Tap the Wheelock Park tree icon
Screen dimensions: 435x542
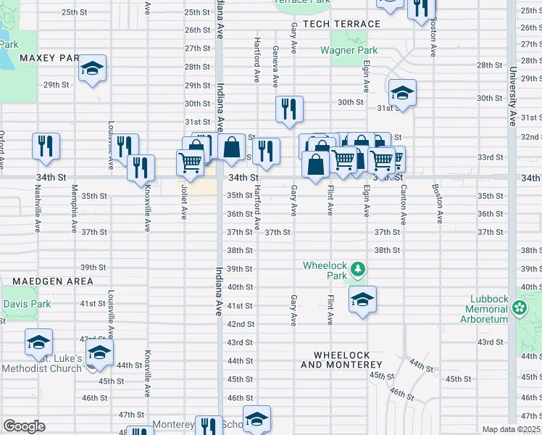357,270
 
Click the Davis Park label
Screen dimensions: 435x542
27,304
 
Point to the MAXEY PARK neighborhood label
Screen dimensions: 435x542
49,57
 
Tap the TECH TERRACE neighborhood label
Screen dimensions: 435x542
341,24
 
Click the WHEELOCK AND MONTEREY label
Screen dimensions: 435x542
346,360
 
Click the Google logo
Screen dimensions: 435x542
24,426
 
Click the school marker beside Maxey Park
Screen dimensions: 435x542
92,69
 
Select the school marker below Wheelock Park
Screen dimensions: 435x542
362,298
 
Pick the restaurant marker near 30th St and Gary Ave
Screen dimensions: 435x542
288,109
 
